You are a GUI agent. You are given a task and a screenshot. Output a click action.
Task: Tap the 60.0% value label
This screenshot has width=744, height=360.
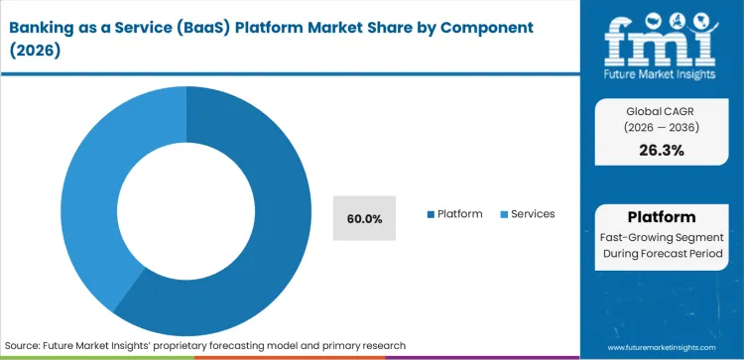coord(363,216)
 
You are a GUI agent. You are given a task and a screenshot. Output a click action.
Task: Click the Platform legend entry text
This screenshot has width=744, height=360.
coord(459,213)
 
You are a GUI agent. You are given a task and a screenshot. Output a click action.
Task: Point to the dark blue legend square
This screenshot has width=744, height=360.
coord(430,214)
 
